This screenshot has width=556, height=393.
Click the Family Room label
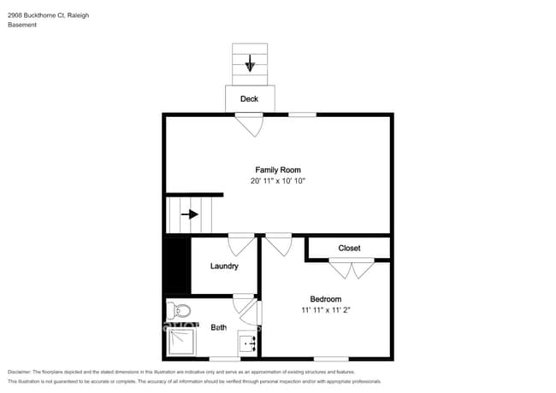(x=278, y=169)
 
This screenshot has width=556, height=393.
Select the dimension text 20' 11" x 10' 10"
(x=278, y=181)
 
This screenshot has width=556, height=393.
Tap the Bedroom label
(x=325, y=298)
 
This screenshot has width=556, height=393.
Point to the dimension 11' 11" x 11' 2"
(x=325, y=310)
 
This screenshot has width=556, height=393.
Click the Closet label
(x=349, y=249)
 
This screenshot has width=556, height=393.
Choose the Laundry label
(x=224, y=266)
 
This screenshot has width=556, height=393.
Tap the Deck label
(x=249, y=99)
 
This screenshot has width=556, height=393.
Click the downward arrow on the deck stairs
(x=250, y=63)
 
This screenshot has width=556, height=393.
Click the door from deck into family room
(x=250, y=125)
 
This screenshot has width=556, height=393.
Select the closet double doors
(x=352, y=269)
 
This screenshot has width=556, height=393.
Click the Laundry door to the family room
(x=240, y=243)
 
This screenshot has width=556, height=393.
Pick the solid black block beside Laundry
(x=176, y=265)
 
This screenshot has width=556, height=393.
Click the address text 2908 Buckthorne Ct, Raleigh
(x=48, y=15)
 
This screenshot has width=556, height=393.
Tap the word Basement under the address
(x=22, y=25)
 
